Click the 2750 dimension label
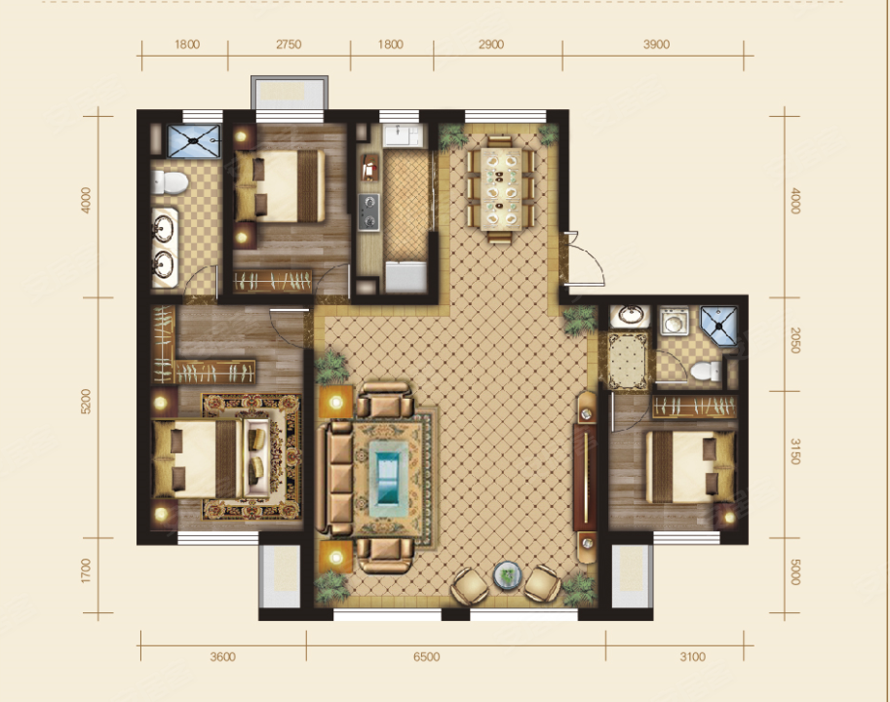[289, 44]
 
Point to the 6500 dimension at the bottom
[426, 656]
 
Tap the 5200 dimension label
[87, 402]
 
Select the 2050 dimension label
[795, 340]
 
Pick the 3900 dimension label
[656, 44]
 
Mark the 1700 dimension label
[87, 570]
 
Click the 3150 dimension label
[795, 451]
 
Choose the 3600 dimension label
[222, 656]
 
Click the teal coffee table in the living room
[389, 472]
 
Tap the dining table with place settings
[501, 189]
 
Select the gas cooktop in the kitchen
[368, 212]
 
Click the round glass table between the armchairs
[508, 575]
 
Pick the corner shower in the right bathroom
[718, 326]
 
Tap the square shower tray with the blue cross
[194, 140]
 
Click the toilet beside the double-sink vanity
[170, 183]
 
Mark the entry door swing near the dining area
[585, 259]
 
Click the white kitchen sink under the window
[401, 136]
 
